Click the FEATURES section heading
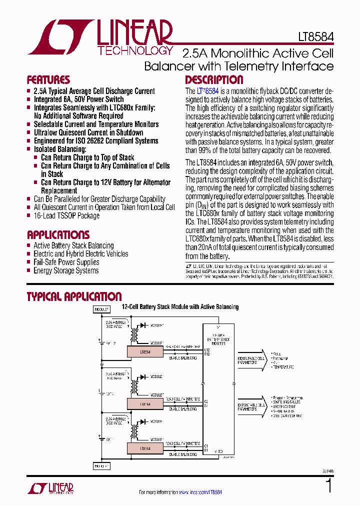[48, 80]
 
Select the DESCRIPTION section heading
[214, 80]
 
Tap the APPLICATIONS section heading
[58, 235]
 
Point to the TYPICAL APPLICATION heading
[74, 296]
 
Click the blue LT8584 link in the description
[208, 91]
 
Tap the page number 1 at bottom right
[328, 485]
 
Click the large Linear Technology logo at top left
[100, 37]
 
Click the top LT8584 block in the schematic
[144, 352]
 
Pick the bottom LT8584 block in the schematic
[144, 448]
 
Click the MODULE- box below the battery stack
[101, 466]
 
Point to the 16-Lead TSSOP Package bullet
[66, 215]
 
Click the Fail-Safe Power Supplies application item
[66, 262]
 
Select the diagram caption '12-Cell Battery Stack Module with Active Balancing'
[180, 307]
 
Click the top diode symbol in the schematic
[143, 325]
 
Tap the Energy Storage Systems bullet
[66, 270]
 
